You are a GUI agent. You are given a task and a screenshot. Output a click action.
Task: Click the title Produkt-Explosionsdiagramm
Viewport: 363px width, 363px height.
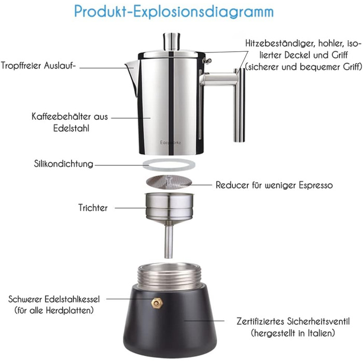(174, 11)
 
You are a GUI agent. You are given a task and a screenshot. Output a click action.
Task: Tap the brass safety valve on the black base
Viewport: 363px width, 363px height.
(157, 303)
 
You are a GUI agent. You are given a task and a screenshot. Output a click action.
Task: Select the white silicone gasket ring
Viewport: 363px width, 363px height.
(169, 165)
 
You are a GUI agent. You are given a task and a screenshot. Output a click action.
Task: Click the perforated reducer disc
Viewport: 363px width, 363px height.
(169, 181)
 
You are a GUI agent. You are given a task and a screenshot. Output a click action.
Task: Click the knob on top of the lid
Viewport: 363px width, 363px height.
(172, 41)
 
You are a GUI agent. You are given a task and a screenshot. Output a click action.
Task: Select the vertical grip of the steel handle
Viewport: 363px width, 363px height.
(239, 105)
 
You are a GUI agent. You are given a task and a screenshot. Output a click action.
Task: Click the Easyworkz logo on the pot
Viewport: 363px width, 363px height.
(171, 143)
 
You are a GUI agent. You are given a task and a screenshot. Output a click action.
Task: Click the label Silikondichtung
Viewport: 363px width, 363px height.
(63, 164)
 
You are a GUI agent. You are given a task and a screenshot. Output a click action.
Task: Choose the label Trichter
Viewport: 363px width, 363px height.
(93, 207)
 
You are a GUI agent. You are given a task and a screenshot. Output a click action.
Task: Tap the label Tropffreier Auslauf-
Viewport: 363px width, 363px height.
(38, 65)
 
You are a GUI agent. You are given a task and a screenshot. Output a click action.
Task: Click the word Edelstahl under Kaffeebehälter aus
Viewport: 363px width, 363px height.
(71, 128)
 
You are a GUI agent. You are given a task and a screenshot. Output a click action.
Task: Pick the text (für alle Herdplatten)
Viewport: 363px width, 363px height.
(54, 310)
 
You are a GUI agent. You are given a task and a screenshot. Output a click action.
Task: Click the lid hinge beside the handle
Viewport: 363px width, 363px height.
(207, 61)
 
